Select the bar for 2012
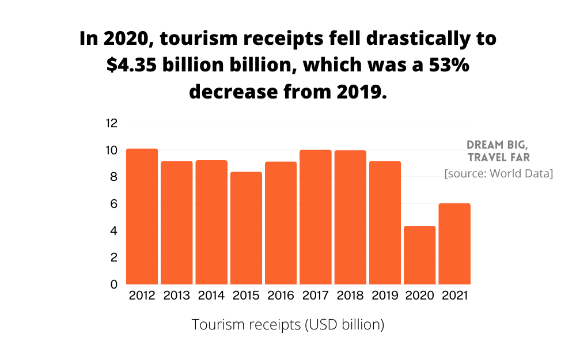tap(142, 217)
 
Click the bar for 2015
tap(246, 228)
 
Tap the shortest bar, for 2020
tap(419, 255)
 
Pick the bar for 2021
tap(454, 244)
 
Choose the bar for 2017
tap(316, 217)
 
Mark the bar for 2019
tap(385, 223)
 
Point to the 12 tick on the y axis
tap(111, 123)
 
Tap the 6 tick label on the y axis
tap(114, 204)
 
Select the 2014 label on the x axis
tap(211, 296)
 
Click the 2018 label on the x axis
tap(350, 296)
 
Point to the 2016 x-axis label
tap(281, 296)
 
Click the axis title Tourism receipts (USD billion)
tap(288, 325)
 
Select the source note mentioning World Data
tap(499, 173)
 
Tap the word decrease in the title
tap(232, 91)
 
